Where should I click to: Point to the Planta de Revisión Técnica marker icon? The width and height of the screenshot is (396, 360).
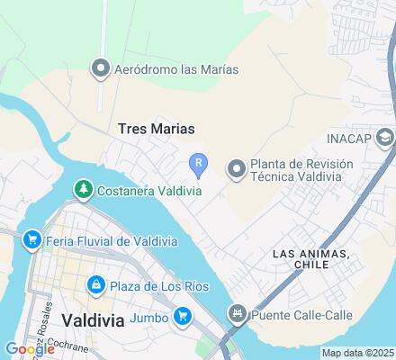click(x=237, y=168)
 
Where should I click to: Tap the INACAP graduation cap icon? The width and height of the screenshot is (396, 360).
click(x=385, y=138)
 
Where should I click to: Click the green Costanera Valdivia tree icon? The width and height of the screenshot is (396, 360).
click(x=83, y=189)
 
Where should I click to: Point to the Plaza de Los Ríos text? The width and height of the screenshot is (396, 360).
click(x=159, y=286)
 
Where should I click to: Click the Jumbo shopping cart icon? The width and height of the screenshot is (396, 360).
click(x=183, y=315)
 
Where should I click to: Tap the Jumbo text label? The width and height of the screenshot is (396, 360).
click(x=148, y=316)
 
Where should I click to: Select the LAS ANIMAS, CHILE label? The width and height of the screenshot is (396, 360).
click(x=310, y=260)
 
